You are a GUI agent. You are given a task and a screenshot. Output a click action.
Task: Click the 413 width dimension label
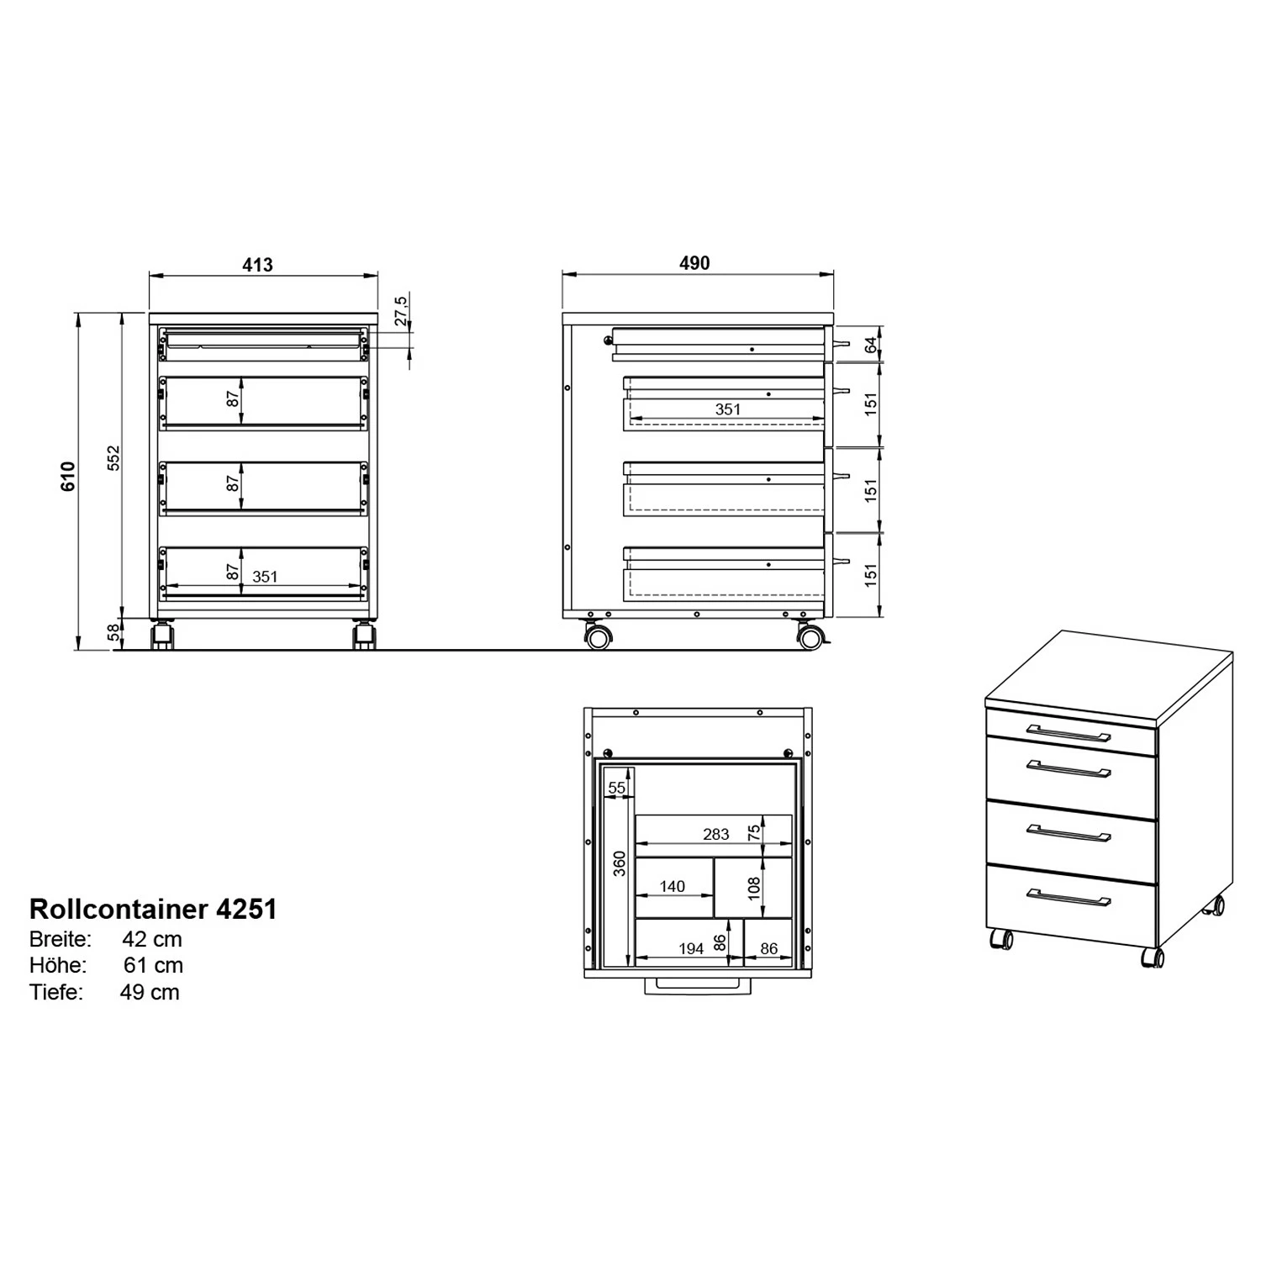coord(257,265)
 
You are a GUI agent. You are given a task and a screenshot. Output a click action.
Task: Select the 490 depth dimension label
coord(694,263)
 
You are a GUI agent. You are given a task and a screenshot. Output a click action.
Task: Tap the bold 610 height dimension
coord(69,476)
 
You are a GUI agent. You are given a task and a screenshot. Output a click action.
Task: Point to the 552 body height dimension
coord(114,458)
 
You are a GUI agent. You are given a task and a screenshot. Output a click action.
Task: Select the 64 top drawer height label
coord(871,345)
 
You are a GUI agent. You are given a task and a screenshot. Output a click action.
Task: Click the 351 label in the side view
coord(728,409)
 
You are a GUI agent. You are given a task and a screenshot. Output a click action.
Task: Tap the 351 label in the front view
coord(265,577)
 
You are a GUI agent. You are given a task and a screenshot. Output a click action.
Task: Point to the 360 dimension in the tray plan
coord(620,863)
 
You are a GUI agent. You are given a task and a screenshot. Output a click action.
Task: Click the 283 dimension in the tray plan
coord(716,834)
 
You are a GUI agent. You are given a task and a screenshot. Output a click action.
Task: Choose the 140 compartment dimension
coord(673,886)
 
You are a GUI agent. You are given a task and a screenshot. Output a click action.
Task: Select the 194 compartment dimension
coord(691,948)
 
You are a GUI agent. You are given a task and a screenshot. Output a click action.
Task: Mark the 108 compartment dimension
coord(754,888)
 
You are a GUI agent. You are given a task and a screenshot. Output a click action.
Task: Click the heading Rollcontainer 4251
coord(153,909)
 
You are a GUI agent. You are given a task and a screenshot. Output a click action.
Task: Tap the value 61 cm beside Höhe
coord(153,965)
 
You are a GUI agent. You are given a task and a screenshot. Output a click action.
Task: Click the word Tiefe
coord(56,992)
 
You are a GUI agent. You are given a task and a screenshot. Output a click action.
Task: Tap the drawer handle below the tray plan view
coord(697,986)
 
